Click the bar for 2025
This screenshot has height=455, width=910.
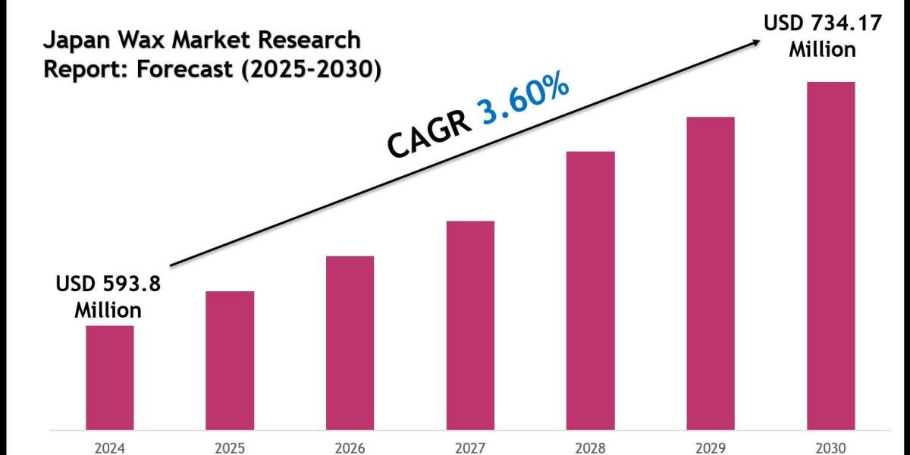(230, 359)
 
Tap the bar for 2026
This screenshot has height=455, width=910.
(350, 342)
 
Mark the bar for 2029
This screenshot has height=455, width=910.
(711, 272)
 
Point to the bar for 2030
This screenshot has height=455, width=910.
(830, 255)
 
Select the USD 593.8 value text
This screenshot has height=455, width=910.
(108, 284)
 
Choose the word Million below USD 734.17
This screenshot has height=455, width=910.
(822, 50)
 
